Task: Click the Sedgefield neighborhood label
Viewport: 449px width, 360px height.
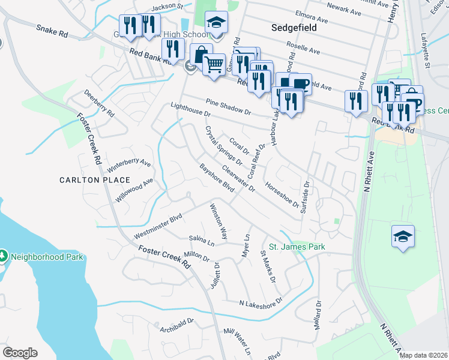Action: [294, 28]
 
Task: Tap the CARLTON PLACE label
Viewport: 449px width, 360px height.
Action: [95, 180]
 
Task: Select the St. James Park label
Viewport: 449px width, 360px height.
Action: [297, 247]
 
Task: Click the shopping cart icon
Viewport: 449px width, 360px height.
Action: [214, 63]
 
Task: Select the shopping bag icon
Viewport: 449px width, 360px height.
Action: [201, 53]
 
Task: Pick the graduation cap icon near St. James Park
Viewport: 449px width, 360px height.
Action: [403, 235]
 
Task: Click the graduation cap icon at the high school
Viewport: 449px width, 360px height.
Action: [216, 22]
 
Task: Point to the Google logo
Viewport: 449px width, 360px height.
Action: [20, 352]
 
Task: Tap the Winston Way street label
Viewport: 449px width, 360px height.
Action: [218, 221]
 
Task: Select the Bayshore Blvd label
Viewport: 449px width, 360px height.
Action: [216, 178]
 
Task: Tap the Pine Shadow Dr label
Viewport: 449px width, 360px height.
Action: [228, 107]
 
